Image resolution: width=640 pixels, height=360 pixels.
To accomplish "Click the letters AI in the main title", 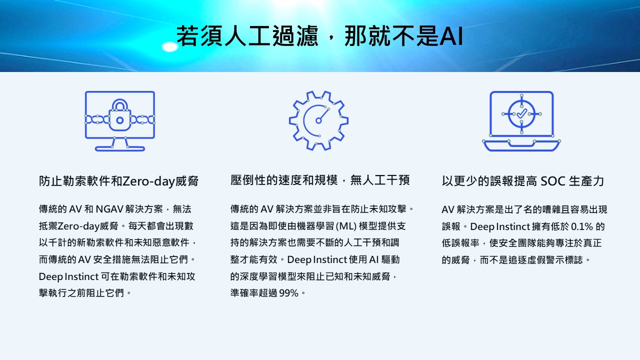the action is click(451, 35).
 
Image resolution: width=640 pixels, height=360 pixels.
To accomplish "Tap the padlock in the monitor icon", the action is click(120, 115).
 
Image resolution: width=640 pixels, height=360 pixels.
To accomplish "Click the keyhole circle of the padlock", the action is click(120, 120).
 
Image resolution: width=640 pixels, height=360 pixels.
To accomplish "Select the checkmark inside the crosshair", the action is click(521, 113).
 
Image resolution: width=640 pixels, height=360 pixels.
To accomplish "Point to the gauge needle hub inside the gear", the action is click(318, 121).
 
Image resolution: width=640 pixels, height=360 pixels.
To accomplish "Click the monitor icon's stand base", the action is click(120, 148).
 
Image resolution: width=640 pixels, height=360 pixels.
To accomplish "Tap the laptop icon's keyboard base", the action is click(521, 145).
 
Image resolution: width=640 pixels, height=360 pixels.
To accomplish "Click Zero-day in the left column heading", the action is click(148, 181).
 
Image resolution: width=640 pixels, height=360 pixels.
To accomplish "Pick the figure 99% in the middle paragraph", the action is click(289, 293).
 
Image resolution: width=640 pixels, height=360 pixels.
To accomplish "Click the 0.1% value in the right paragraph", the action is click(582, 226).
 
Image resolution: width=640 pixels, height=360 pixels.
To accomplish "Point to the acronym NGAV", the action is click(109, 209).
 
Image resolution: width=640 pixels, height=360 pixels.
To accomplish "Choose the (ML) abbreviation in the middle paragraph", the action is click(346, 226).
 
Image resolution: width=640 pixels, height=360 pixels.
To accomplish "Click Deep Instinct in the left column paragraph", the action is click(68, 276).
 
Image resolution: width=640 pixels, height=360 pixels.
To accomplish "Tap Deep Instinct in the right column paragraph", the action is click(500, 226).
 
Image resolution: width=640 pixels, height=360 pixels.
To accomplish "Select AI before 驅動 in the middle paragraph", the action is click(373, 259).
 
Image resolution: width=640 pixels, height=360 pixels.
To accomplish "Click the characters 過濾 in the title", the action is click(295, 35).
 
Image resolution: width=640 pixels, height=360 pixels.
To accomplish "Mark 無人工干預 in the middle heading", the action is click(380, 180).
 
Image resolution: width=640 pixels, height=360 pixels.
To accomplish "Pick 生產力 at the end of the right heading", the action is click(586, 181).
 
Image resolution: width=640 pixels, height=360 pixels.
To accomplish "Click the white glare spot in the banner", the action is click(169, 47).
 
